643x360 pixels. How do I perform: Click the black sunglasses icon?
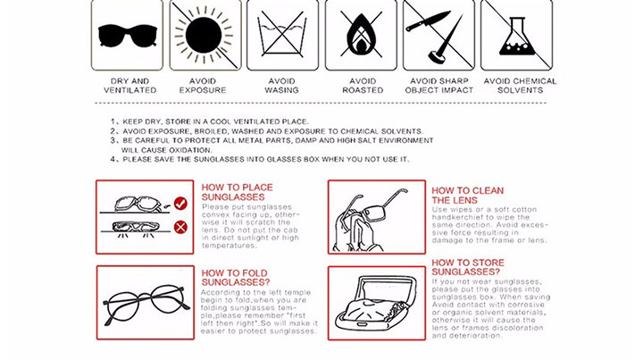(x=128, y=36)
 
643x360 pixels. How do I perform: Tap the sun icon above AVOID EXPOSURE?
(x=204, y=35)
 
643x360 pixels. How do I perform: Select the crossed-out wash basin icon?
(x=281, y=35)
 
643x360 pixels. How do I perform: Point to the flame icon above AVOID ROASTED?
(x=361, y=34)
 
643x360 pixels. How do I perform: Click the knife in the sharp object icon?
(x=427, y=21)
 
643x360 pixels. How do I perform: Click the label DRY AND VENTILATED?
(x=130, y=86)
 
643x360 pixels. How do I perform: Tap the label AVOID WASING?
(x=281, y=86)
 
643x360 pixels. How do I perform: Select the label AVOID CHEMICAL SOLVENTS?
(x=520, y=86)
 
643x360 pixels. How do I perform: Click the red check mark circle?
(x=180, y=204)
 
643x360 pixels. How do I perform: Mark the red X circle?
(x=180, y=227)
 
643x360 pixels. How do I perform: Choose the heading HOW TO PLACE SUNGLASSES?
(x=237, y=192)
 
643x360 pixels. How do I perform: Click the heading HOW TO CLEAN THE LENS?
(x=467, y=196)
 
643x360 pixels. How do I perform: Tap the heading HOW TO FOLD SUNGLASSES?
(x=236, y=278)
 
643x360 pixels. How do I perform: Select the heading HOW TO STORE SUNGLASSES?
(x=468, y=267)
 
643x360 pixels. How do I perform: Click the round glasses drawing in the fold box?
(x=146, y=305)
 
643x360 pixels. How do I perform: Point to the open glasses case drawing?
(x=377, y=303)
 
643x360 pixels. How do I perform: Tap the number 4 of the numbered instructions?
(x=113, y=159)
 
